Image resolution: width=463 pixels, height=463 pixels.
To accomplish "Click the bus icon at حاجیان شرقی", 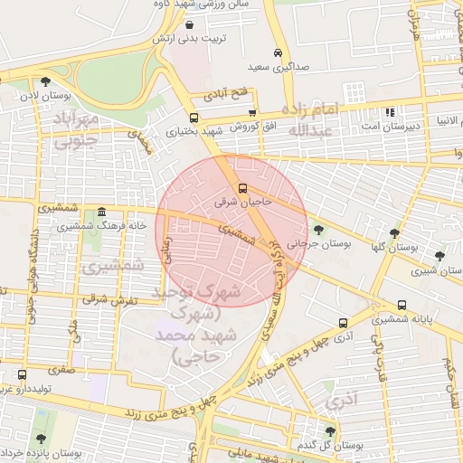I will point(241,188).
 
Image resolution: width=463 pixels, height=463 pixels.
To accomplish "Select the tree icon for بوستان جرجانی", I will point(317,228).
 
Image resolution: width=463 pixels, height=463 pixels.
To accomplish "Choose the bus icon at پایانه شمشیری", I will point(402,305).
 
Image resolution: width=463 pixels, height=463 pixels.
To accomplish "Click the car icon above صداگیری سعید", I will point(278,52).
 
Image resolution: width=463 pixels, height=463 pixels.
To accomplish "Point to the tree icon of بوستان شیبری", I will point(439,256).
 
